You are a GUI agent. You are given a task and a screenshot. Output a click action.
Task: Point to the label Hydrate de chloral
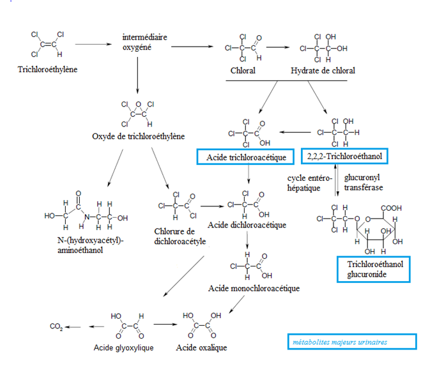point(323,70)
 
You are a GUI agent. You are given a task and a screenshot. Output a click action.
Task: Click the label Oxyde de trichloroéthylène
point(139,136)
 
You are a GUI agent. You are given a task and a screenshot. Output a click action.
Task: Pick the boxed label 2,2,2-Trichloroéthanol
point(344,157)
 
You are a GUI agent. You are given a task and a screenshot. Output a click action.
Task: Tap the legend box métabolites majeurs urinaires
point(351,342)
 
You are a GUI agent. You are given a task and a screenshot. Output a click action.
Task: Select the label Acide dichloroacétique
point(247,225)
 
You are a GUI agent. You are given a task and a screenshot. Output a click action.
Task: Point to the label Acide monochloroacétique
point(254,288)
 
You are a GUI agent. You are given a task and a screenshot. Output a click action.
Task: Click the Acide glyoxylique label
point(124,348)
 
